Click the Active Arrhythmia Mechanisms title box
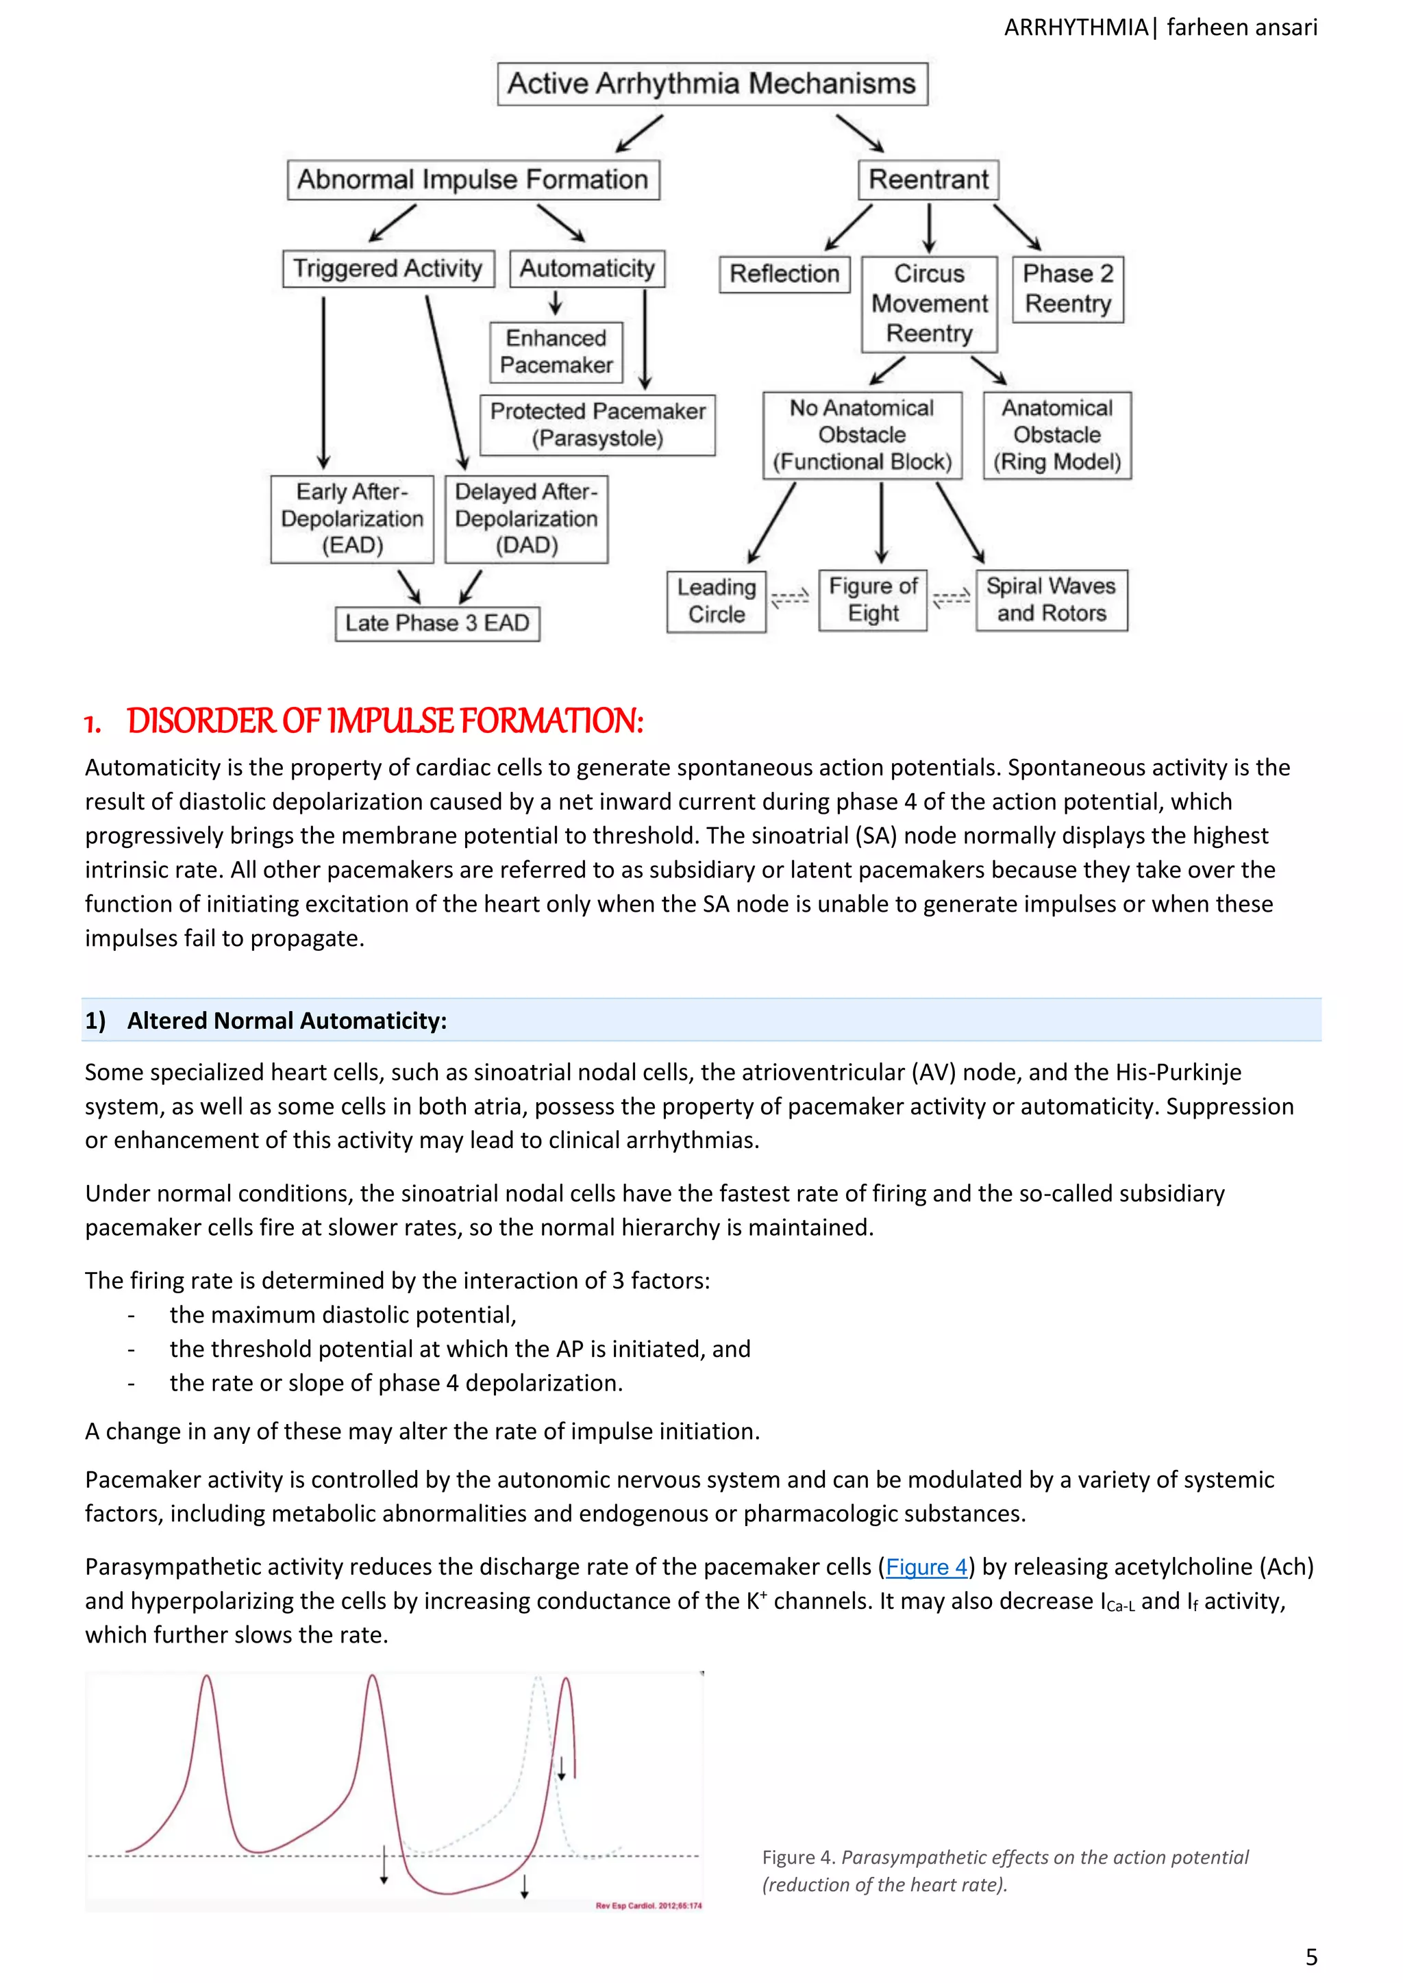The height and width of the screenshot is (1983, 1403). point(712,84)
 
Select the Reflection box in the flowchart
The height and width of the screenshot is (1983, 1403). point(784,274)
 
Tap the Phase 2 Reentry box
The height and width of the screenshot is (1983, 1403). point(1068,289)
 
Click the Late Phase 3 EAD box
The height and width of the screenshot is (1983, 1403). point(437,623)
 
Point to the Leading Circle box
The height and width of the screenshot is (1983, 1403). point(716,601)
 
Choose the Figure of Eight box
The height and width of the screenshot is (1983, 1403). point(873,599)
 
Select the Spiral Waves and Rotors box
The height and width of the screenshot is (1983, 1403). point(1052,599)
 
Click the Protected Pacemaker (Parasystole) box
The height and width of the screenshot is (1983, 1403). point(598,424)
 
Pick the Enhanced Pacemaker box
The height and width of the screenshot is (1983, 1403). point(556,351)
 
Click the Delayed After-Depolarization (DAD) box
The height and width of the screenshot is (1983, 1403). point(526,519)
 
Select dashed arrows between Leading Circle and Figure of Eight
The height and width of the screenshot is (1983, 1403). point(790,599)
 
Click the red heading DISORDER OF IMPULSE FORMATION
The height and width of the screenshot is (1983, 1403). point(384,721)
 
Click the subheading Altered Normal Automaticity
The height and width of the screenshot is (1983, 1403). point(287,1021)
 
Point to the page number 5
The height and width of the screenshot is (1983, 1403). point(1311,1956)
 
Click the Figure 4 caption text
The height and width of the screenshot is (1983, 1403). point(1005,1871)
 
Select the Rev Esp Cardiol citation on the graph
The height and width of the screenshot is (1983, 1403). point(648,1906)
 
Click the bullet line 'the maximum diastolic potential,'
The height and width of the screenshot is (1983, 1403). point(343,1314)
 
